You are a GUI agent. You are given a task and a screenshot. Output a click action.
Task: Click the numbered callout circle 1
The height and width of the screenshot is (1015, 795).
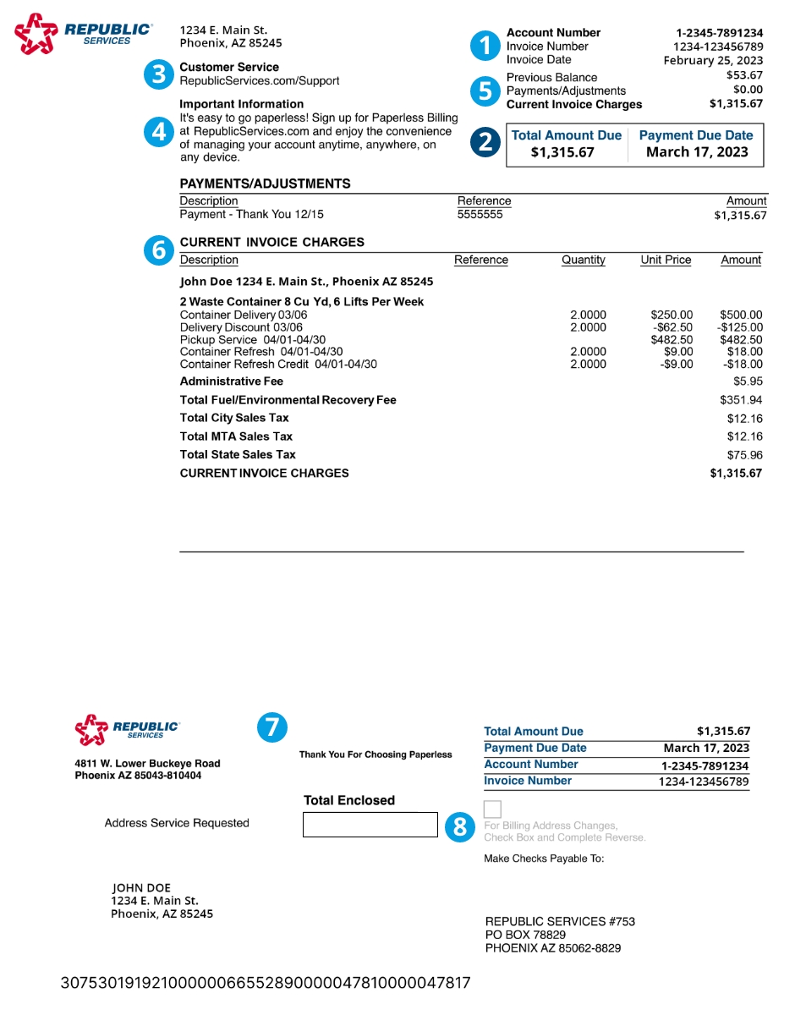click(x=485, y=46)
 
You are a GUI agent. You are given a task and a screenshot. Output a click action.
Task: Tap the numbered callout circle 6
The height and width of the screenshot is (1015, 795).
click(x=158, y=250)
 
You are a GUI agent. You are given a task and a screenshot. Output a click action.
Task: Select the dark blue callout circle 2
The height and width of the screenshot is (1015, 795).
click(x=485, y=141)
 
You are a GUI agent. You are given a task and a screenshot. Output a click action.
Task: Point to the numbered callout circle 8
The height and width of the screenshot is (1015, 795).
click(x=460, y=826)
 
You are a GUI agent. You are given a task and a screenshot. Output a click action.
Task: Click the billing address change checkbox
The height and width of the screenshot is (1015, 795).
click(x=492, y=809)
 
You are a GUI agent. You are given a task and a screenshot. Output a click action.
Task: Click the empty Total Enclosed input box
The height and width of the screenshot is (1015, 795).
click(x=370, y=825)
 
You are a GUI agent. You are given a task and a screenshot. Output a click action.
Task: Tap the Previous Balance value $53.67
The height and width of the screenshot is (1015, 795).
click(x=744, y=75)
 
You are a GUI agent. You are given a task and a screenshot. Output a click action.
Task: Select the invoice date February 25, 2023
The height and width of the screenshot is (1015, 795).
click(x=713, y=61)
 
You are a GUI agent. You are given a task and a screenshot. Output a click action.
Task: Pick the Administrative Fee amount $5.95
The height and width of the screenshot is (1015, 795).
click(x=748, y=381)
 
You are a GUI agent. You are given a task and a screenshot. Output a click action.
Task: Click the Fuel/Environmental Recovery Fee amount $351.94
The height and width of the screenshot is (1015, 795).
click(x=741, y=400)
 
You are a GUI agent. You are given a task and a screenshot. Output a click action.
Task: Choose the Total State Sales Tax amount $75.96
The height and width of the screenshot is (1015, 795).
click(x=744, y=455)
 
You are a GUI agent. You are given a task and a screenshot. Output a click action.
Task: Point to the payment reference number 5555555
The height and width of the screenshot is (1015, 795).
click(x=480, y=215)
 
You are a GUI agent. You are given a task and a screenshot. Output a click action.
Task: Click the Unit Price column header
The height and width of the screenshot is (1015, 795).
click(x=666, y=261)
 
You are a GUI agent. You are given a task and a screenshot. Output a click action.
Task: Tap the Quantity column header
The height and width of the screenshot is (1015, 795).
click(x=584, y=261)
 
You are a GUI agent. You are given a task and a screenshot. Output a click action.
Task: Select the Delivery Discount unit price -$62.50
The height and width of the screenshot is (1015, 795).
click(x=673, y=327)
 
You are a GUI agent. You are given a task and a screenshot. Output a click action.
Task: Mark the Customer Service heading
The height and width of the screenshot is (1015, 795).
click(x=229, y=67)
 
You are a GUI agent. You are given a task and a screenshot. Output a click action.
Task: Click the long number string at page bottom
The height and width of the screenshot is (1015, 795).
click(x=266, y=983)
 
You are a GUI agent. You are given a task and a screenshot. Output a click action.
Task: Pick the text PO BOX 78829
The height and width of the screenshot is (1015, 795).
click(x=525, y=935)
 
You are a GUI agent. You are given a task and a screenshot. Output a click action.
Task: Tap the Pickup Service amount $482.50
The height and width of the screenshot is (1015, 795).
click(x=741, y=340)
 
